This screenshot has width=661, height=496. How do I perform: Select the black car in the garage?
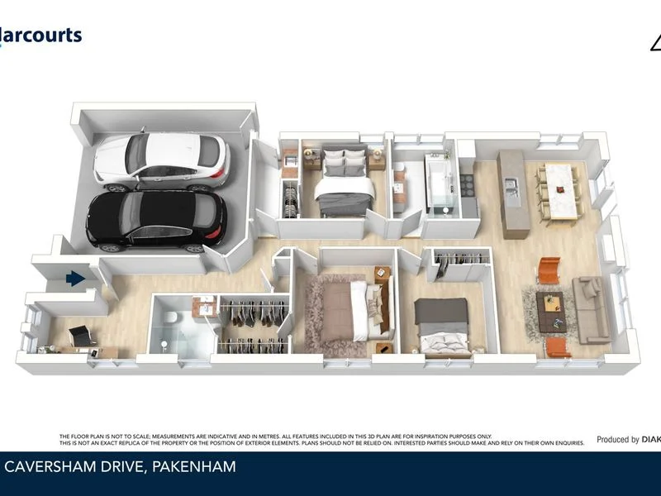tap(157, 220)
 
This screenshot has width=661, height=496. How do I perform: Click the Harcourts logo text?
tap(41, 35)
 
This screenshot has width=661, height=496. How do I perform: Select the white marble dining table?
tap(561, 190)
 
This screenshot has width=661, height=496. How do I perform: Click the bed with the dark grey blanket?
tap(441, 327)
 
